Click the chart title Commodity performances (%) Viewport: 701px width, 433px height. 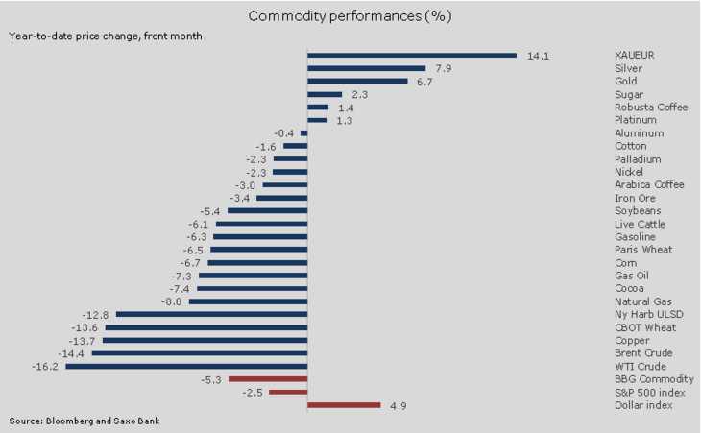tap(350, 16)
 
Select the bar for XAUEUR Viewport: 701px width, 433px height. tap(411, 56)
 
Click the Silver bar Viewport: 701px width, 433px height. tap(366, 68)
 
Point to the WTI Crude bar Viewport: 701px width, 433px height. tap(186, 366)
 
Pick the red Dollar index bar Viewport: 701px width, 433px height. tap(344, 405)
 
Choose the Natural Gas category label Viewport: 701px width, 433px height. tap(641, 301)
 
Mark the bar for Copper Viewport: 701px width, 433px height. tap(205, 340)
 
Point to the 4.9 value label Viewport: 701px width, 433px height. tap(397, 405)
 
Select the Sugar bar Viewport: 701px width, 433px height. tap(325, 94)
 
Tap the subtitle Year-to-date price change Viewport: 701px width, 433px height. tap(106, 36)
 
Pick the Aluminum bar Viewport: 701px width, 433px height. tap(303, 133)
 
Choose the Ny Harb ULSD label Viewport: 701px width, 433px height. tap(644, 314)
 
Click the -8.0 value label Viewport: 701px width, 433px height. tap(173, 301)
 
